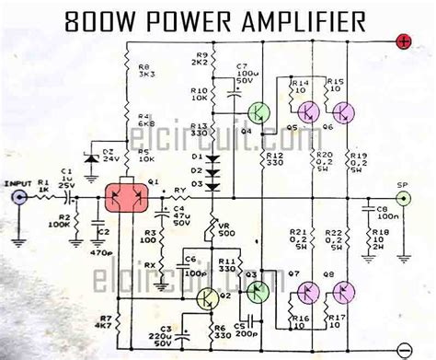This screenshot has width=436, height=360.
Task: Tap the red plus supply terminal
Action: click(x=404, y=41)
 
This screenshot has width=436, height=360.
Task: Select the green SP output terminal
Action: click(x=402, y=196)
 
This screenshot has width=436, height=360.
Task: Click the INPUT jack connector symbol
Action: click(x=16, y=196)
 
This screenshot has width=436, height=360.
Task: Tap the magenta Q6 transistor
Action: click(x=345, y=111)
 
